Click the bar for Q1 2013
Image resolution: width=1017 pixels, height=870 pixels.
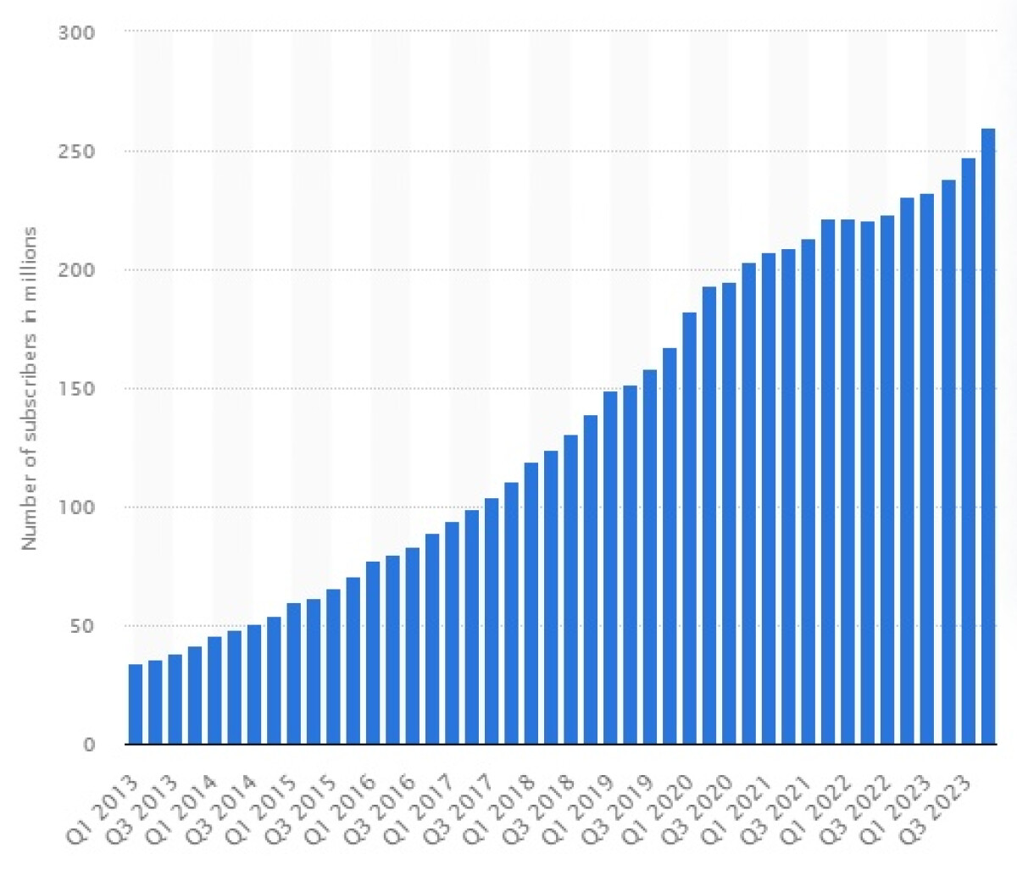coord(136,704)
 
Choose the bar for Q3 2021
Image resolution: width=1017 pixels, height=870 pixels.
coord(809,491)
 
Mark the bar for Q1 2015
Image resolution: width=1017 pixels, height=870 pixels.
coord(294,673)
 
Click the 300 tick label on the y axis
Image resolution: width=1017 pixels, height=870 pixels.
coord(76,32)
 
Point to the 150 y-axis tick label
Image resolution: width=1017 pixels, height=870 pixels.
coord(76,389)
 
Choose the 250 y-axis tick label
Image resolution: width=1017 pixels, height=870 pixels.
coord(76,151)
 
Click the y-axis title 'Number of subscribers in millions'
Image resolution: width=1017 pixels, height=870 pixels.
coord(31,389)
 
